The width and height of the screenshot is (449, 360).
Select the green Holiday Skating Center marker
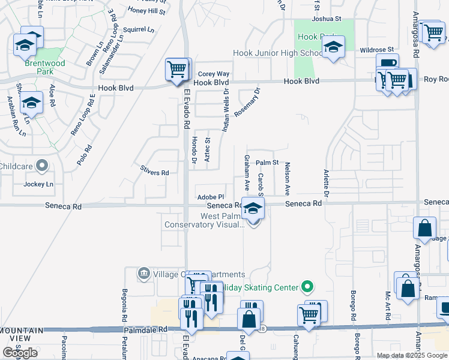coord(307,287)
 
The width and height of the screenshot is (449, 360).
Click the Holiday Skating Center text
coord(258,287)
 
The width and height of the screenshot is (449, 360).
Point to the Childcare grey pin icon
coord(41,164)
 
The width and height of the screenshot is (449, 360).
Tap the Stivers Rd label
coord(154,172)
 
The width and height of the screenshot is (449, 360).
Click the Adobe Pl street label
coord(210,197)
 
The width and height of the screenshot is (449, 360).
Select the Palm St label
coord(267,163)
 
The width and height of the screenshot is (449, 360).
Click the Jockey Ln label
coord(38,184)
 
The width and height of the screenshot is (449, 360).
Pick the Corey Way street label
coord(214,74)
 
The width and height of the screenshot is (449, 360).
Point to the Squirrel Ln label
coord(138,28)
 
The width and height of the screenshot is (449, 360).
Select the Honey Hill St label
coord(146,11)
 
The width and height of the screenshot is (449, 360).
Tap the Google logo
coord(20,353)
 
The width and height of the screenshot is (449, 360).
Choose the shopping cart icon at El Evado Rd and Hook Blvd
coord(177,70)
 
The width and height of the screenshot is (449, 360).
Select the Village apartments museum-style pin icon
coord(144,274)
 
